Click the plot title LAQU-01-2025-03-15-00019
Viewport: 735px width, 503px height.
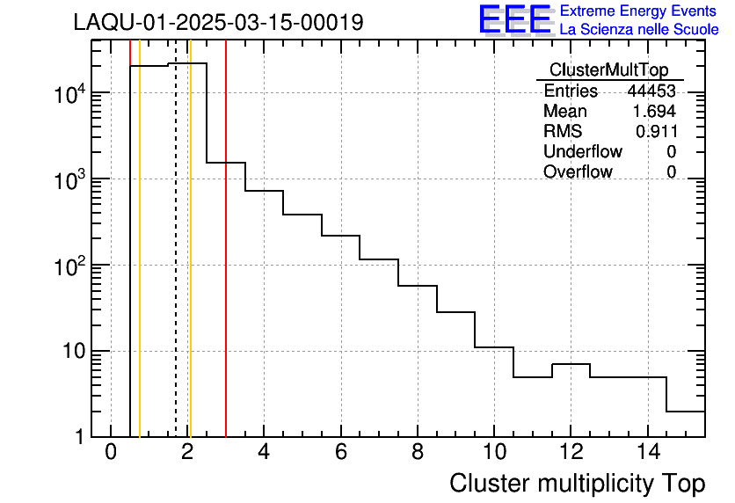(x=218, y=23)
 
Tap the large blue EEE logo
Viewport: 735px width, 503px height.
(x=515, y=19)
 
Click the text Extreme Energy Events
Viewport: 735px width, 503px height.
(x=639, y=11)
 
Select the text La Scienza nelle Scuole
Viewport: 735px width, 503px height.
(x=639, y=30)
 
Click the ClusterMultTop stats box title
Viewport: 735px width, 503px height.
(x=608, y=70)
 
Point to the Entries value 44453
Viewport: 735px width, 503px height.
(x=651, y=91)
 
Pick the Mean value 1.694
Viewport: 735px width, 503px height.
(x=654, y=112)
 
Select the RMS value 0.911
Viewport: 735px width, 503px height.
(x=656, y=132)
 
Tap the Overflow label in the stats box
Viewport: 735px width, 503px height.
(x=578, y=172)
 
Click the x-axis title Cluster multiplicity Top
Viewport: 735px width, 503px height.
(x=578, y=484)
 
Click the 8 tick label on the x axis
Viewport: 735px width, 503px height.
(x=417, y=453)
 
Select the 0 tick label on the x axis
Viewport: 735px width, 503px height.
(x=111, y=453)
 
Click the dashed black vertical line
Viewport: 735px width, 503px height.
(x=176, y=264)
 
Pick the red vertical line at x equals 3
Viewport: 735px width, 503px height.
(x=226, y=264)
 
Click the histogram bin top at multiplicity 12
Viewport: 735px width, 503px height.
(x=571, y=363)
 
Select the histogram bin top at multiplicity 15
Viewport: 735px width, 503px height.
(x=686, y=411)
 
